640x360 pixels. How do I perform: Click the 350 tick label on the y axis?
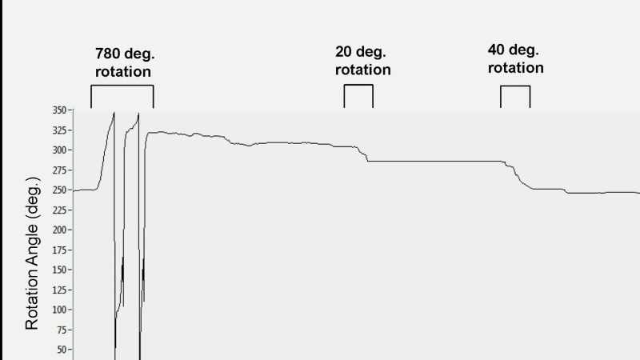tap(59, 110)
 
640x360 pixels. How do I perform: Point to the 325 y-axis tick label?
tap(59, 130)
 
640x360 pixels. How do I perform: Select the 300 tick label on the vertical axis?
tap(59, 150)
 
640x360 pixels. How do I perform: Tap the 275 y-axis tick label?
tap(59, 170)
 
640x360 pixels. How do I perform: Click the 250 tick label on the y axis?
tap(59, 190)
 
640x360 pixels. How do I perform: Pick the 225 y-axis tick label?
tap(59, 210)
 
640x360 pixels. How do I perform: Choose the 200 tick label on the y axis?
tap(59, 230)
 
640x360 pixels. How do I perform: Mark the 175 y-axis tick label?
tap(59, 250)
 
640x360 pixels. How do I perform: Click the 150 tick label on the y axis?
tap(59, 270)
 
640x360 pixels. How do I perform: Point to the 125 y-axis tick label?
tap(59, 290)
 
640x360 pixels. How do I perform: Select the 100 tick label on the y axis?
tap(59, 310)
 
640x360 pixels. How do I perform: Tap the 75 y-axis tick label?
tap(62, 330)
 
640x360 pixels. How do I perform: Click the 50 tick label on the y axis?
tap(62, 350)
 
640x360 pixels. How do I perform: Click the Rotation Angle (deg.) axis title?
tap(32, 253)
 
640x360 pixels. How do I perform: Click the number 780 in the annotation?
tap(107, 54)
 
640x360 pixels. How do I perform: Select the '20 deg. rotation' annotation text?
tap(363, 61)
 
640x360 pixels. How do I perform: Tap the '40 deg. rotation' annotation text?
tap(515, 58)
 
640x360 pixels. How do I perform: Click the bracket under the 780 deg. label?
tap(122, 86)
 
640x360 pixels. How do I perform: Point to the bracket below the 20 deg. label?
tap(358, 85)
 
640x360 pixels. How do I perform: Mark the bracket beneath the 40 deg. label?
tap(515, 86)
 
